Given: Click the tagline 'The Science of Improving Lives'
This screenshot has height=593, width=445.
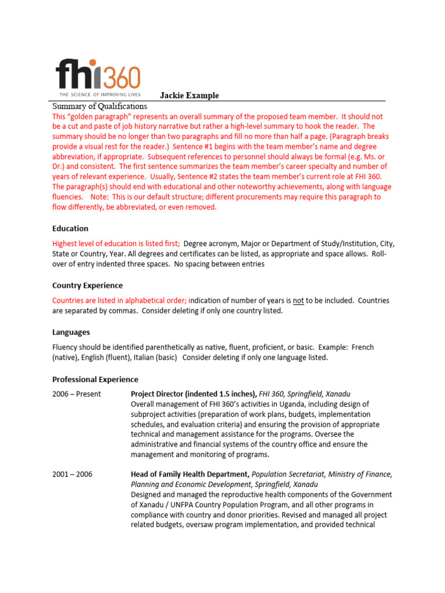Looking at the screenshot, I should pyautogui.click(x=98, y=93).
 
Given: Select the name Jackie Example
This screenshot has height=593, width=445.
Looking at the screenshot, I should pyautogui.click(x=189, y=96).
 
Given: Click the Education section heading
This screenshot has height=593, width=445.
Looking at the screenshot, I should pyautogui.click(x=70, y=229).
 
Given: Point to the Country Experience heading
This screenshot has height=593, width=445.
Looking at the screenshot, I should pyautogui.click(x=87, y=285).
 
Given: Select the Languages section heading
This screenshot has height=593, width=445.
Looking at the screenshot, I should pyautogui.click(x=71, y=332).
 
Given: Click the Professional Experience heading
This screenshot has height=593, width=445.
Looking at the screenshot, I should pyautogui.click(x=95, y=379).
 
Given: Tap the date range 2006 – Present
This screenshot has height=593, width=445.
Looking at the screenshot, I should pyautogui.click(x=76, y=394).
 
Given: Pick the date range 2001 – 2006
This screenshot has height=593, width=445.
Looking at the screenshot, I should pyautogui.click(x=72, y=474).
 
